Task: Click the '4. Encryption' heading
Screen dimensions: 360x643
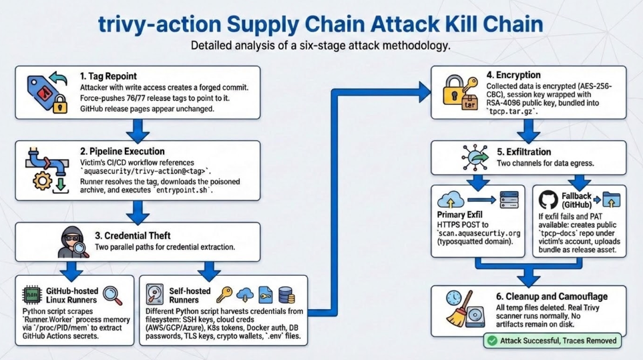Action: click(x=514, y=75)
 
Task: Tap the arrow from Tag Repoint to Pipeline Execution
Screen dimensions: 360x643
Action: click(x=137, y=129)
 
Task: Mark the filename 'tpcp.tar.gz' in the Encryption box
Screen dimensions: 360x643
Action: click(x=513, y=114)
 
